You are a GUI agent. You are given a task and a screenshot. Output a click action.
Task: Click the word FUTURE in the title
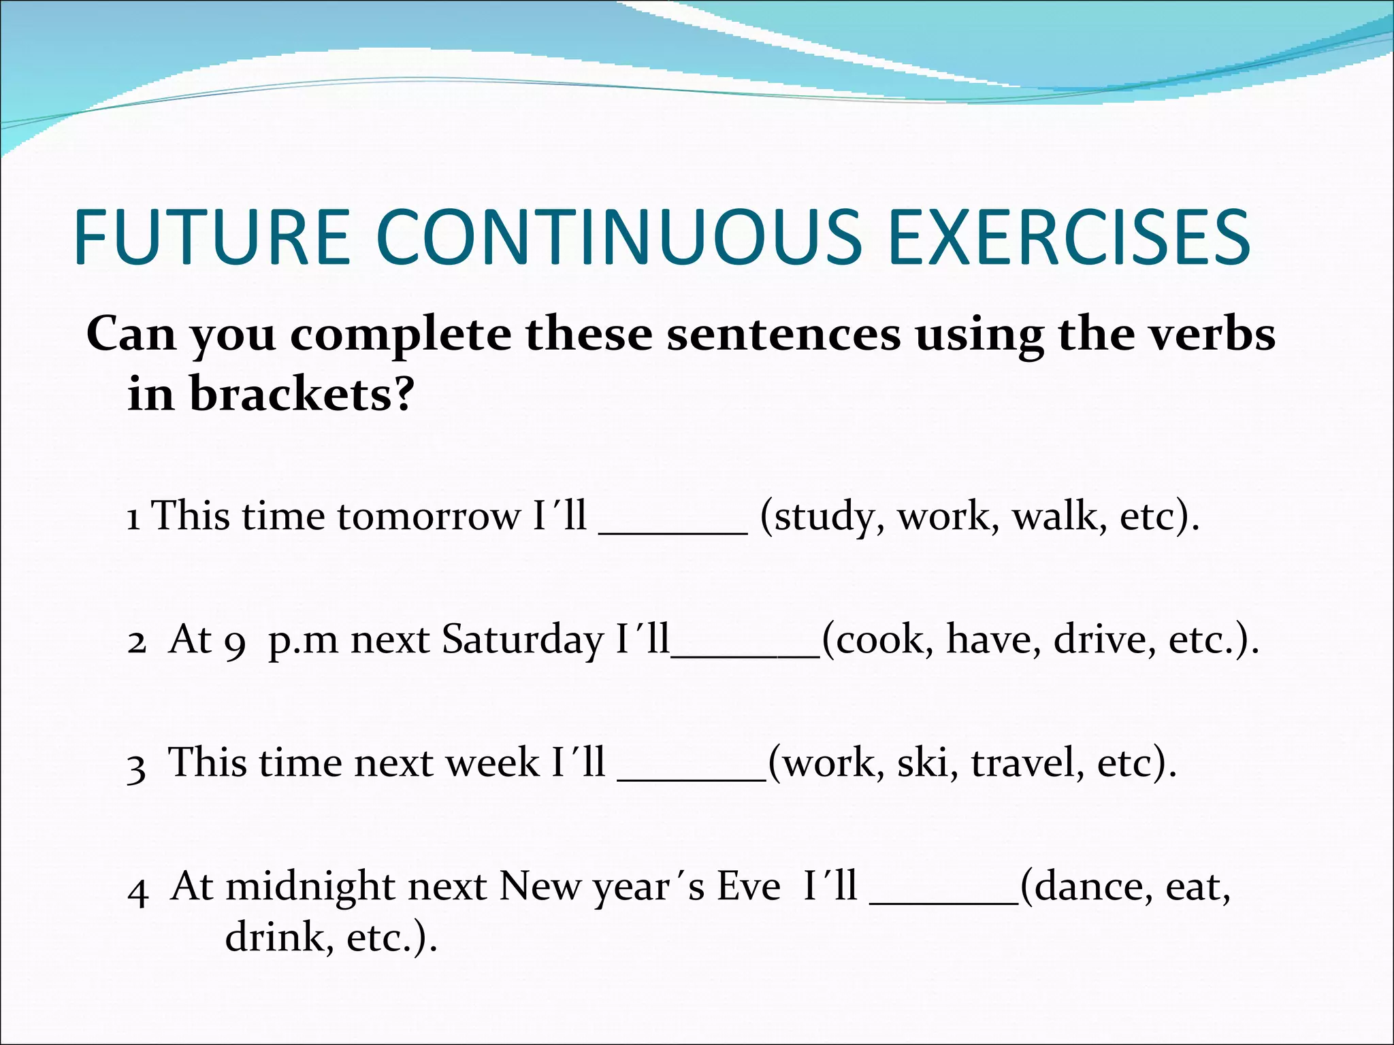click(x=212, y=237)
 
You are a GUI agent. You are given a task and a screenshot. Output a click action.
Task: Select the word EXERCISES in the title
click(x=1069, y=237)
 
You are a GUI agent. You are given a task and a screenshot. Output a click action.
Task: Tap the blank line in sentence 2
click(x=745, y=654)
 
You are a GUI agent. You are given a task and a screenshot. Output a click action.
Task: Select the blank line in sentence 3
click(x=692, y=778)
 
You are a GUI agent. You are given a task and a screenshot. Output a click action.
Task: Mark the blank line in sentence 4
click(x=944, y=901)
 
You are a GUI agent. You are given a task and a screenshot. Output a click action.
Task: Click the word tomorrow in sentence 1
click(x=428, y=516)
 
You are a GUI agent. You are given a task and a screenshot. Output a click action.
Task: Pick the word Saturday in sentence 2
click(x=523, y=640)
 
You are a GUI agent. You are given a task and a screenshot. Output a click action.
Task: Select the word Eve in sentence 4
click(x=748, y=886)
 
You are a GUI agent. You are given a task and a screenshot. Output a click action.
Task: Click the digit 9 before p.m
click(x=235, y=644)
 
